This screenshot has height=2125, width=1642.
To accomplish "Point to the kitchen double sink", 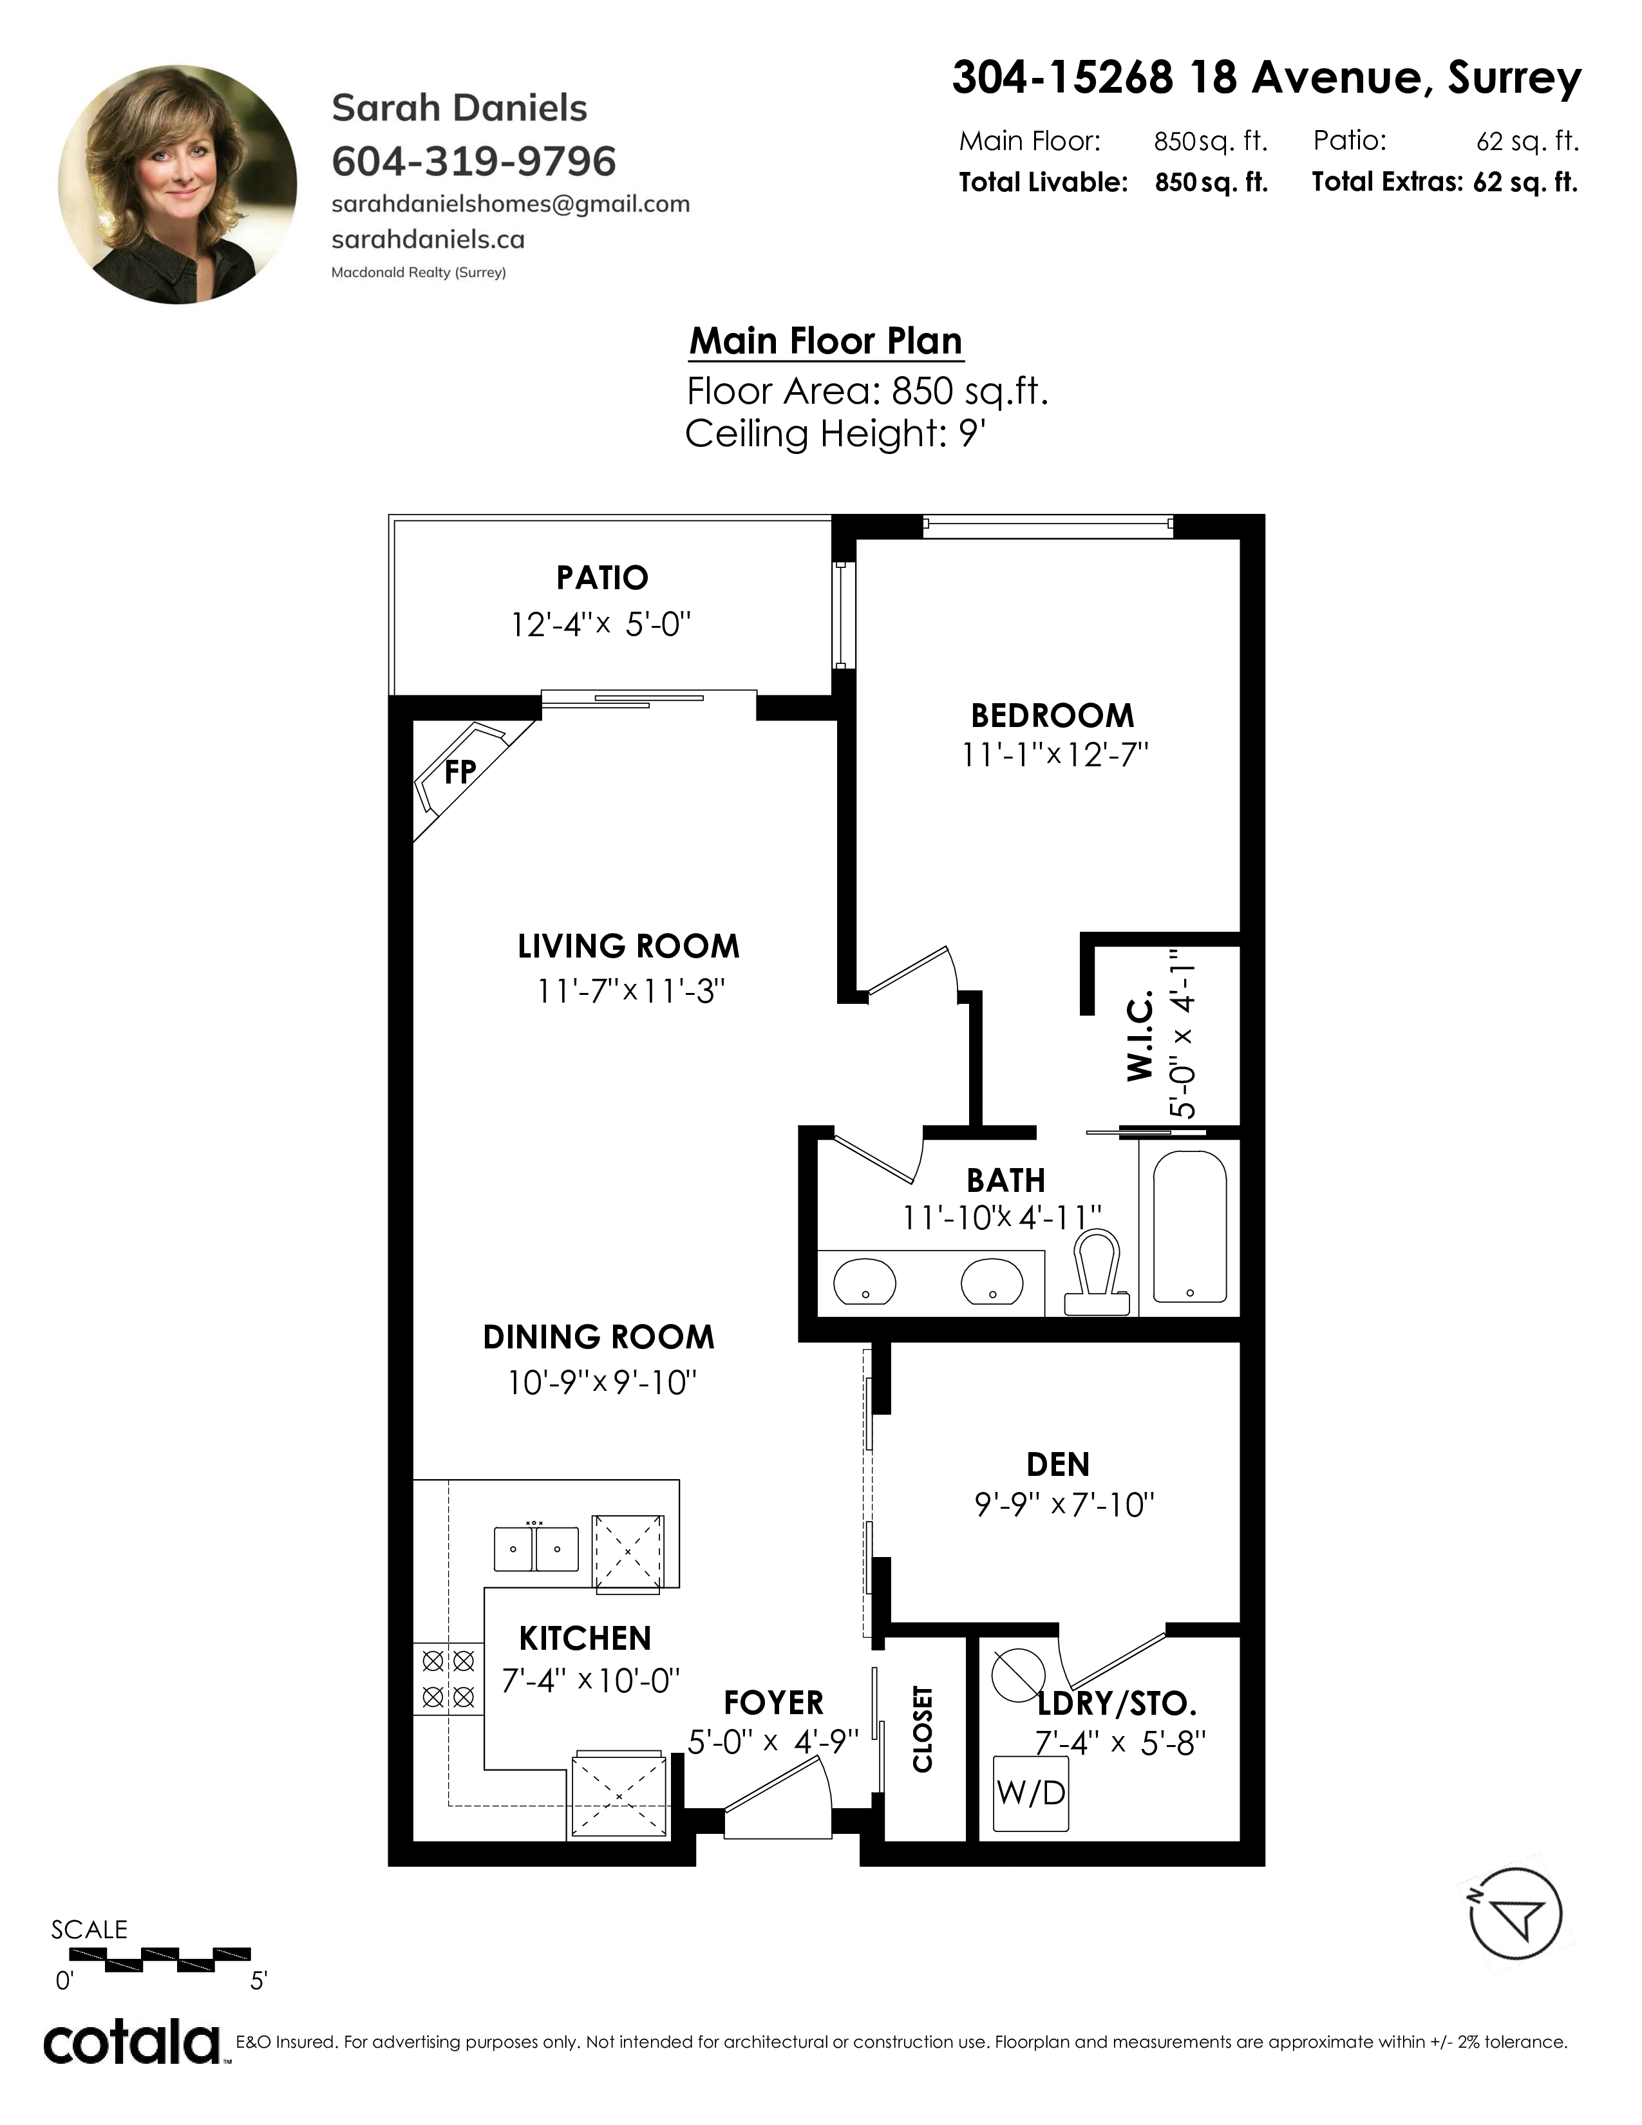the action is coord(536,1548).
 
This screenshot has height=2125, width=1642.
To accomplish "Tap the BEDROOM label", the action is coord(1053,716).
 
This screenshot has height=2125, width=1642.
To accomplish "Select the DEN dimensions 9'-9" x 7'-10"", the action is coord(1065,1506).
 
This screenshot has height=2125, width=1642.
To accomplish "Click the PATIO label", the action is coord(602,578).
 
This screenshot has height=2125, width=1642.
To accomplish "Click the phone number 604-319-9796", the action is coord(474,162).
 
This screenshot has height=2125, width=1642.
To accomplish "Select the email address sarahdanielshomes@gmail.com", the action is coord(511,204).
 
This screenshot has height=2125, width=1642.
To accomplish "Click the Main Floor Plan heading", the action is coord(826,341).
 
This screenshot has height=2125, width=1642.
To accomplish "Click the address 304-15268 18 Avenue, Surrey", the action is coord(1267,78).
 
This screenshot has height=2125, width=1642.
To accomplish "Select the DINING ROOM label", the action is coord(598,1337).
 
